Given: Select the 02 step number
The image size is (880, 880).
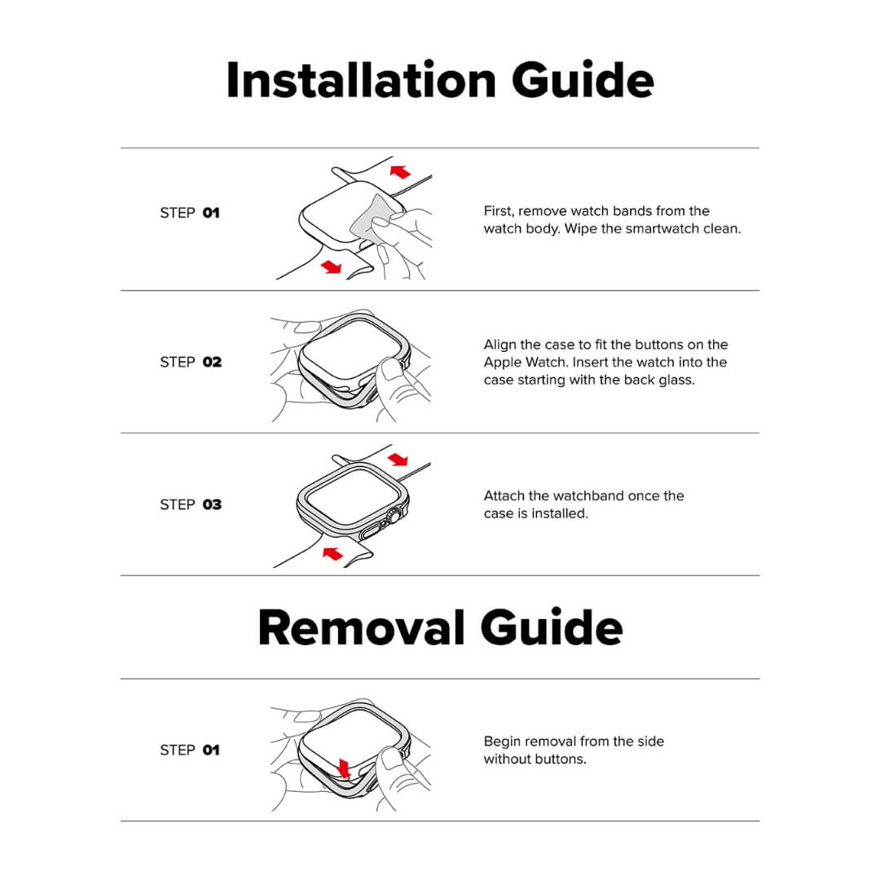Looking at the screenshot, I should (x=212, y=362).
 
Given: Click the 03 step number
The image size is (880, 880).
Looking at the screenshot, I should (x=212, y=504).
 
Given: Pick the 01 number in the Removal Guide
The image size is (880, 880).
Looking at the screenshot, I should (x=211, y=750).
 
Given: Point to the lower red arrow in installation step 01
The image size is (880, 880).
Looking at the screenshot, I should (x=332, y=266).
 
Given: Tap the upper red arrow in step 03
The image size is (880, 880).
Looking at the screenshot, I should (x=398, y=459).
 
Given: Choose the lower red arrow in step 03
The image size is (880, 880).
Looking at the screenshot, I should (x=332, y=553).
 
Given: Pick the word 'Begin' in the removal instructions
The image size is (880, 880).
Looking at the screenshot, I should (x=503, y=741).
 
